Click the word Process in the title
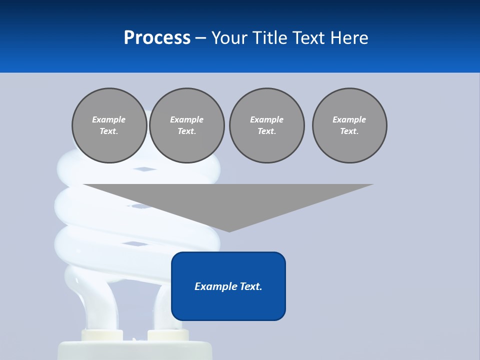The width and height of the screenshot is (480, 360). click(157, 37)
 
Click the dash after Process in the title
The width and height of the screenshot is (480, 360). click(200, 38)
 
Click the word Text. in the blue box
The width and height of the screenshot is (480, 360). click(251, 286)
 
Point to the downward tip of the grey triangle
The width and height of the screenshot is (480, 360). click(229, 230)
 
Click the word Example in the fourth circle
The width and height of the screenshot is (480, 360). click(349, 119)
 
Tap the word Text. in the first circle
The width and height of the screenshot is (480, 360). click(109, 131)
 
